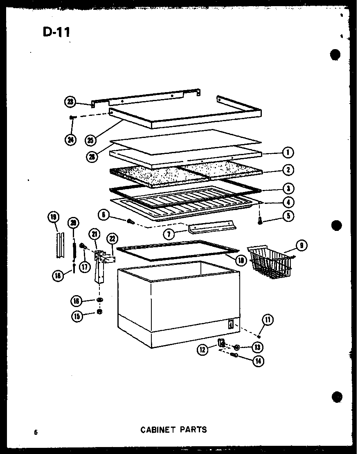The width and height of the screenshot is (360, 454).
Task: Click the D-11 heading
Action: [x=56, y=32]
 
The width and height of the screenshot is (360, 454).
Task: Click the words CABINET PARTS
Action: [x=173, y=429]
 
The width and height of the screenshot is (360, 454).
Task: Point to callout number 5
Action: [x=288, y=216]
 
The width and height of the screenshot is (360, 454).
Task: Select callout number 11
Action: [x=268, y=320]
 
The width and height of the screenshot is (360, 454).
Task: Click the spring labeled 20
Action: [x=74, y=249]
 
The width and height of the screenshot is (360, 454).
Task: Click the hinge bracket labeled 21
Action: [x=99, y=266]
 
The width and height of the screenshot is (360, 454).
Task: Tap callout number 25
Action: [x=91, y=140]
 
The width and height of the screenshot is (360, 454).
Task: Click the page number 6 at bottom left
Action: [x=36, y=431]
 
